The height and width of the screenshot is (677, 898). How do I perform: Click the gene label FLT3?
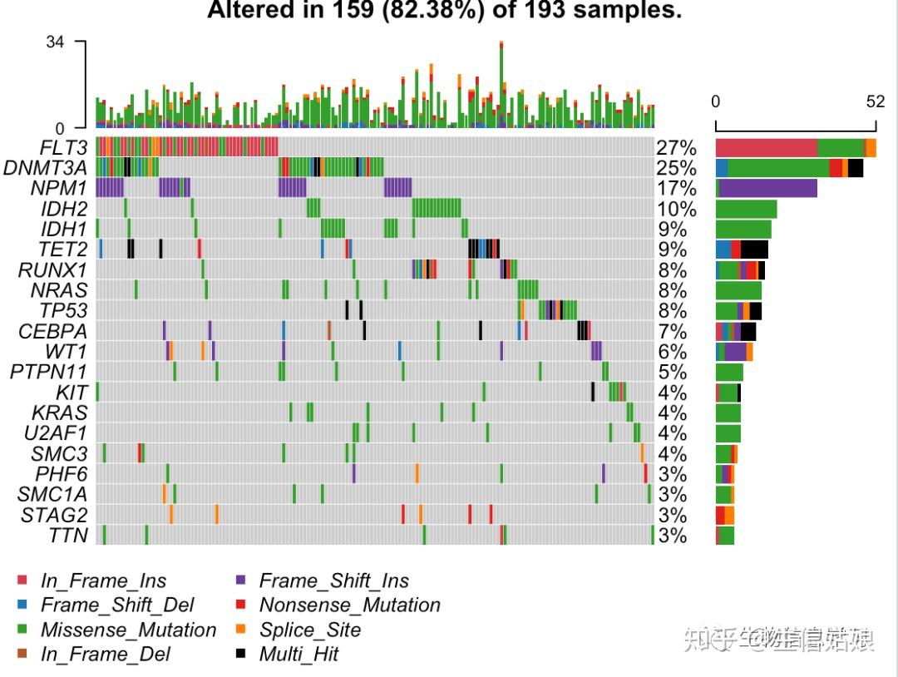63,148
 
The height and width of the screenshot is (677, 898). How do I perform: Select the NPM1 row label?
62,189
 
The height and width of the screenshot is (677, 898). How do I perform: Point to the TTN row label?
68,535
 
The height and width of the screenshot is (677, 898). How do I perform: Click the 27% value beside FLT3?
676,148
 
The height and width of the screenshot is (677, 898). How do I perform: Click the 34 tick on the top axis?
55,42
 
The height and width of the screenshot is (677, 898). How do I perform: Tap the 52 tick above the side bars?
876,101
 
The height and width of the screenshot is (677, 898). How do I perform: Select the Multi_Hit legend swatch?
242,654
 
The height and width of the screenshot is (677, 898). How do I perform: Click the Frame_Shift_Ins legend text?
333,581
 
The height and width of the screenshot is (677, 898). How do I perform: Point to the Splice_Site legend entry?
309,630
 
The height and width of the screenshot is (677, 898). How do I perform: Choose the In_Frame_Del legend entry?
105,654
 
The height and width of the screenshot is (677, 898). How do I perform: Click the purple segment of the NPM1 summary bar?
767,189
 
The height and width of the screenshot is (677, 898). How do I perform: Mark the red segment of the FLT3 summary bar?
766,148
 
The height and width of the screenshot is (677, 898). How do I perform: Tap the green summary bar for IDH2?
746,210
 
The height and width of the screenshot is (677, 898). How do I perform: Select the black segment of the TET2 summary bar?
754,250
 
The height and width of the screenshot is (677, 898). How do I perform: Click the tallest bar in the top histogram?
501,83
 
